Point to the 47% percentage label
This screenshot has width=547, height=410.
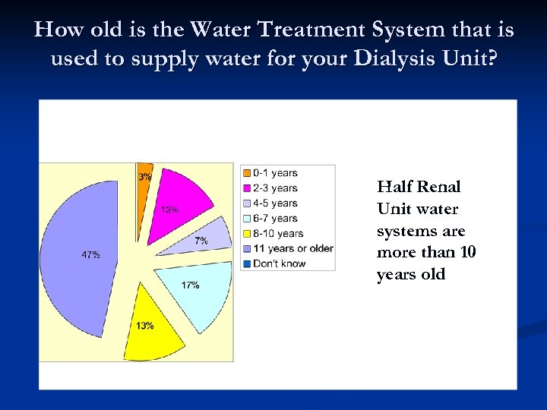[x=90, y=255]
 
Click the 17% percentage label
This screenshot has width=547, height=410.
[x=190, y=285]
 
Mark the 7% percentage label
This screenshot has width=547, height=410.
[x=201, y=241]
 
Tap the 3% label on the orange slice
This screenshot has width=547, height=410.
[x=144, y=177]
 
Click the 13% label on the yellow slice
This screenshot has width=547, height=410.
[x=144, y=326]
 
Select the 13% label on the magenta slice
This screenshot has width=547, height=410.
[x=169, y=210]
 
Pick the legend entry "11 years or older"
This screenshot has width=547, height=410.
[x=292, y=248]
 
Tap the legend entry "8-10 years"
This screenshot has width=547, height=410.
[x=278, y=234]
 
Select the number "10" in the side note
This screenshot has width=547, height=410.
[x=468, y=253]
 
